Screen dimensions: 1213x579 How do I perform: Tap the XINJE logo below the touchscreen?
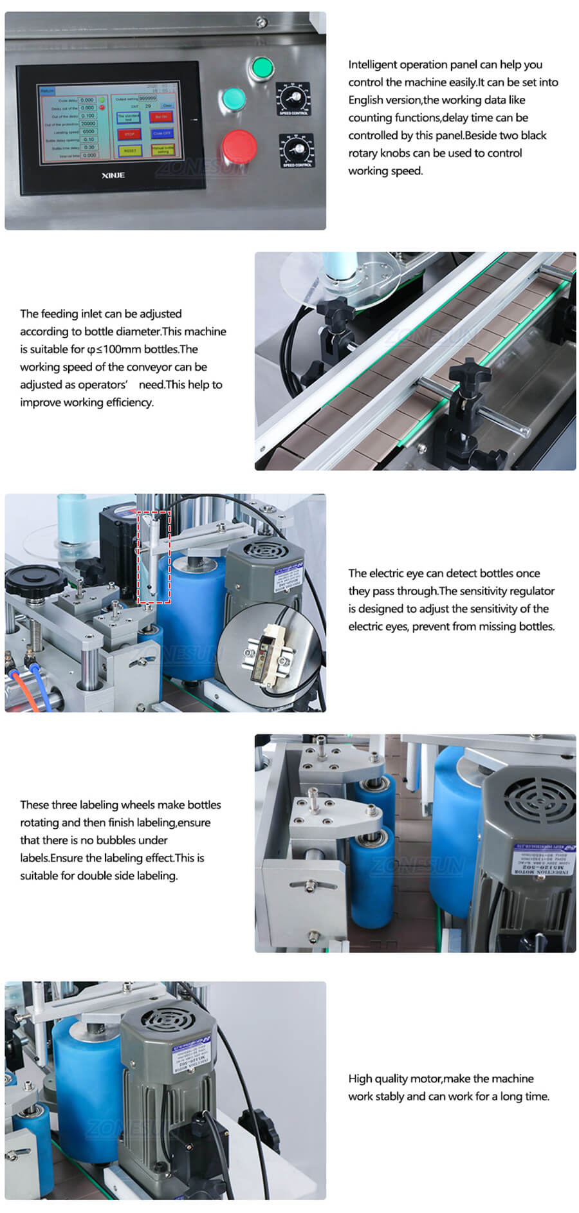click(113, 175)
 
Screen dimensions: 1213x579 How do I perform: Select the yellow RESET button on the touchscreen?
click(129, 150)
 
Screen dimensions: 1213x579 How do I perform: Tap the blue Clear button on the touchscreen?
click(167, 106)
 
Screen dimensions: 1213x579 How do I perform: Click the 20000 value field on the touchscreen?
click(88, 124)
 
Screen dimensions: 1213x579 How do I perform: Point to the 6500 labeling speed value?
click(88, 131)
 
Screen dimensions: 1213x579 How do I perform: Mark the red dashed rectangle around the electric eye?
click(154, 557)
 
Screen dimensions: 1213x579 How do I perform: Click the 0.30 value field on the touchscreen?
click(89, 147)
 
